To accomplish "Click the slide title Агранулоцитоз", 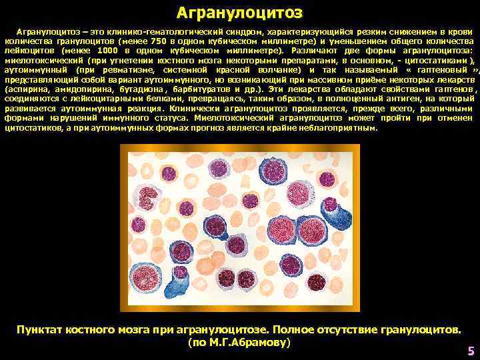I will pos(239,13).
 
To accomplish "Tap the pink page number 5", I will pos(471,351).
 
